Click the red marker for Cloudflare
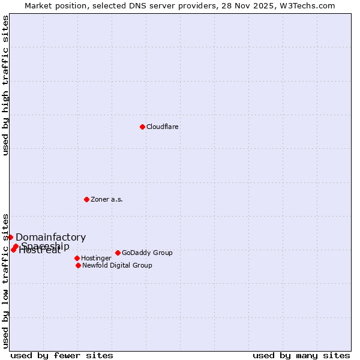[x=142, y=127]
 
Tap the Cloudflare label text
[x=163, y=127]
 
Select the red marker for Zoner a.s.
[x=86, y=199]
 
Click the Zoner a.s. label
[x=107, y=200]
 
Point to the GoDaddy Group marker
[x=118, y=253]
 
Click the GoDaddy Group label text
[x=147, y=253]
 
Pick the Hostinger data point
[x=77, y=258]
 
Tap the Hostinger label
[x=96, y=259]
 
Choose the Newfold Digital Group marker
[x=78, y=265]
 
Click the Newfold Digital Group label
[x=117, y=266]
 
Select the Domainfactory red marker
[x=10, y=237]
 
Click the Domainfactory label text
[x=50, y=238]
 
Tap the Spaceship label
[x=46, y=246]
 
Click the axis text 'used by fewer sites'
[x=62, y=356]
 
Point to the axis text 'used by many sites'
[x=301, y=356]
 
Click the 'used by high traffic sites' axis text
[x=6, y=85]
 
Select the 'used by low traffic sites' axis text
[x=6, y=280]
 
